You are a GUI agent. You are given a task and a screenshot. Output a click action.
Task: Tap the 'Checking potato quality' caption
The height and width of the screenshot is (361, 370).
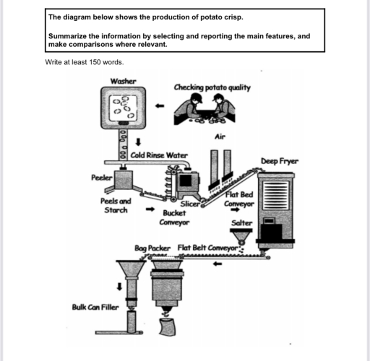212,87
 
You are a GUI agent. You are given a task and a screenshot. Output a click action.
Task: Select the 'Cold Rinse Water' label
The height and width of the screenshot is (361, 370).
158,155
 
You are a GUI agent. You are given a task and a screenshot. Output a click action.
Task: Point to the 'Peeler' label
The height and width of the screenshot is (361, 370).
101,177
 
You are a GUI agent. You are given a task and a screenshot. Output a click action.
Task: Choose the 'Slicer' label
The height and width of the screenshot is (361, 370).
189,205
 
